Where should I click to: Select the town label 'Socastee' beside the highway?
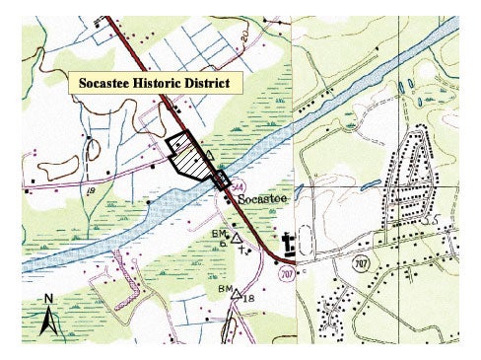click(x=261, y=197)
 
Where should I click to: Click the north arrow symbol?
click(x=46, y=320)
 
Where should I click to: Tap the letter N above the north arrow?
click(x=47, y=299)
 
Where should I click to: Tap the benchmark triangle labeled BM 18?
click(x=235, y=293)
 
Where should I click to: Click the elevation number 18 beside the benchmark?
click(x=249, y=297)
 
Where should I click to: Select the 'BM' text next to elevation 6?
click(x=218, y=233)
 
